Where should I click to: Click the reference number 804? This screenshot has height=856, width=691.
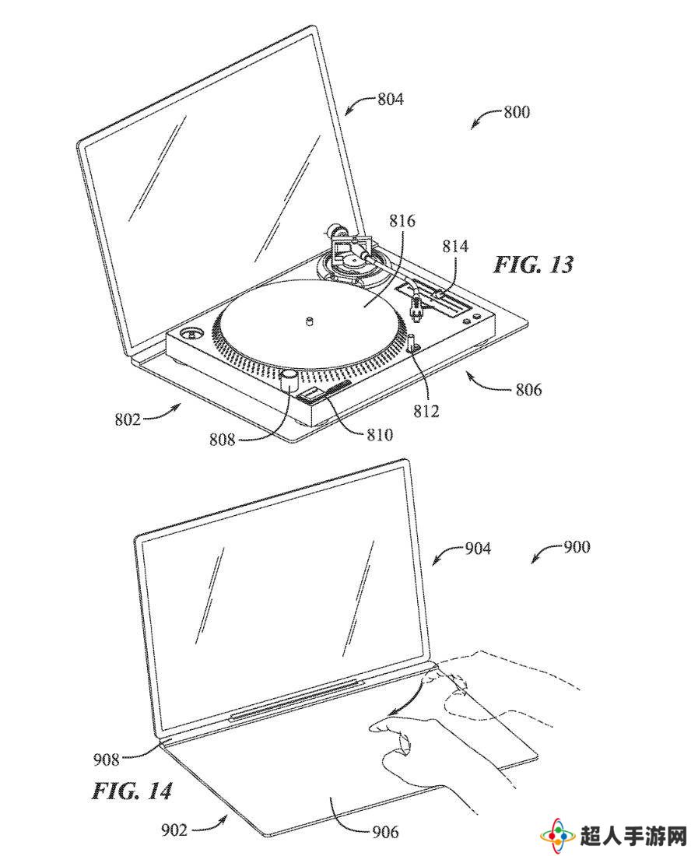pyautogui.click(x=391, y=100)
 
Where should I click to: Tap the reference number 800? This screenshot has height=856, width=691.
pyautogui.click(x=517, y=112)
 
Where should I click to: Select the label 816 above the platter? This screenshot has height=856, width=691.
pyautogui.click(x=402, y=220)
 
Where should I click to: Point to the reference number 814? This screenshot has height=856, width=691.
pyautogui.click(x=455, y=246)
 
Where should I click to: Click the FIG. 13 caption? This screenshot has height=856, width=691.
pyautogui.click(x=534, y=265)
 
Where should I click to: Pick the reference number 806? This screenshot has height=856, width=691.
pyautogui.click(x=528, y=389)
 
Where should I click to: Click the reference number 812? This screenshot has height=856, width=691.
pyautogui.click(x=426, y=411)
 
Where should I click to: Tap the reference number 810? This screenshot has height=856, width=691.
pyautogui.click(x=379, y=434)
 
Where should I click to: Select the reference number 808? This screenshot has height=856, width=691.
pyautogui.click(x=222, y=439)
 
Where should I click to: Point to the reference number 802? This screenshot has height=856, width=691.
pyautogui.click(x=127, y=419)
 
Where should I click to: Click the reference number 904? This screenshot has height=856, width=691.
pyautogui.click(x=478, y=548)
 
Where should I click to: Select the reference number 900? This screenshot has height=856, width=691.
pyautogui.click(x=577, y=546)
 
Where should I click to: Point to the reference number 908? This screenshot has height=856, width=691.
pyautogui.click(x=106, y=759)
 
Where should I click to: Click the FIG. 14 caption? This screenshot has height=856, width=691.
pyautogui.click(x=132, y=791)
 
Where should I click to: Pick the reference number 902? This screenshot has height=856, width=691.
pyautogui.click(x=174, y=830)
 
